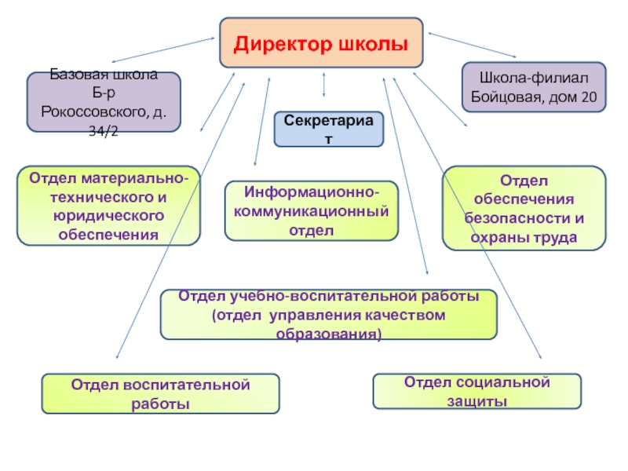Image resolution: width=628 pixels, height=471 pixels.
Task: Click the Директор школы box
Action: (321, 42)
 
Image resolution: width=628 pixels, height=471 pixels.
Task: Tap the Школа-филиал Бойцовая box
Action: (534, 87)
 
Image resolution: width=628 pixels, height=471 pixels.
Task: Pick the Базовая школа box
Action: (104, 102)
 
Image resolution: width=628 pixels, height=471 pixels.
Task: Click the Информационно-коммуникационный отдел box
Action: (312, 211)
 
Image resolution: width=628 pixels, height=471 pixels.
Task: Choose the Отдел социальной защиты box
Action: (476, 391)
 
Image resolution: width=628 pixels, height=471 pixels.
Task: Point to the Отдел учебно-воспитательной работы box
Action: (328, 315)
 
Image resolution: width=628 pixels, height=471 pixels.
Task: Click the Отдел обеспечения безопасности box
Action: (524, 208)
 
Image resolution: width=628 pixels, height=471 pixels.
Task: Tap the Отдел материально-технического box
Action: (108, 206)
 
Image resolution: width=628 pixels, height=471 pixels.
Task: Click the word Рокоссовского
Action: (95, 113)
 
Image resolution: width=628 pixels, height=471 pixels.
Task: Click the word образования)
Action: (329, 333)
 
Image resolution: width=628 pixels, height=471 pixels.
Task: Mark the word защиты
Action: (476, 401)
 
